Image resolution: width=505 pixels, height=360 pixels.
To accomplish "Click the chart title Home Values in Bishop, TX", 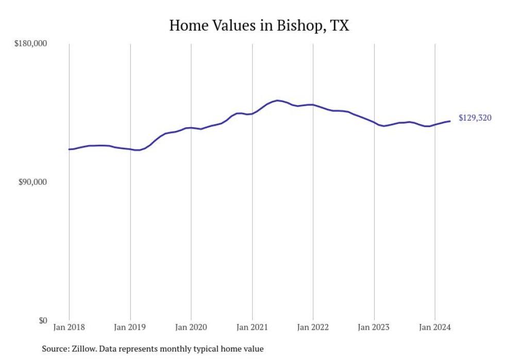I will pos(259,25).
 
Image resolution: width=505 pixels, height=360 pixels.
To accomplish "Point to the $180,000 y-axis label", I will pos(30,44).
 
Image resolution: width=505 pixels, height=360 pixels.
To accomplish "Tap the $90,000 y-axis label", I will pos(32,182).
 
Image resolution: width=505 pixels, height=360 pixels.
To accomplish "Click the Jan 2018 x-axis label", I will pos(69,327).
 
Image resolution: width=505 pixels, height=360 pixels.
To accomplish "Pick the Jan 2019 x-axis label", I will pos(130,327).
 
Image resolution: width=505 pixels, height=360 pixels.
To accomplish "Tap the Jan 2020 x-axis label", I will pos(191,327).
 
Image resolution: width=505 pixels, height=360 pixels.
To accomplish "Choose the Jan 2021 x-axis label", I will pos(252,327).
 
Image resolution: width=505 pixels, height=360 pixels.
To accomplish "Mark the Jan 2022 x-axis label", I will pos(313,327).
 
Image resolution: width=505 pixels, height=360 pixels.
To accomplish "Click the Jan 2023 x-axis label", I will pos(374,327).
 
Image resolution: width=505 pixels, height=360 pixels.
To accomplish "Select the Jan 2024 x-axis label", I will pos(435,327).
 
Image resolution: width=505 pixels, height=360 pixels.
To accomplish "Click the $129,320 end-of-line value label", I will pos(475,118).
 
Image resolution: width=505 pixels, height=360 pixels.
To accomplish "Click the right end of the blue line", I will pos(450,121).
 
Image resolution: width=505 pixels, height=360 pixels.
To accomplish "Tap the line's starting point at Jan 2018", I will pos(69,149).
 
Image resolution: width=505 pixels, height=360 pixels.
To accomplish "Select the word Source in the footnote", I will pos(55,349).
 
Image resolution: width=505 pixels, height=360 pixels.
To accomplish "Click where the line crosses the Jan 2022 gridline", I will pos(313,105).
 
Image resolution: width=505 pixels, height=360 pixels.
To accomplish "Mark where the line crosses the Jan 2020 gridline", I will pos(191,128).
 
